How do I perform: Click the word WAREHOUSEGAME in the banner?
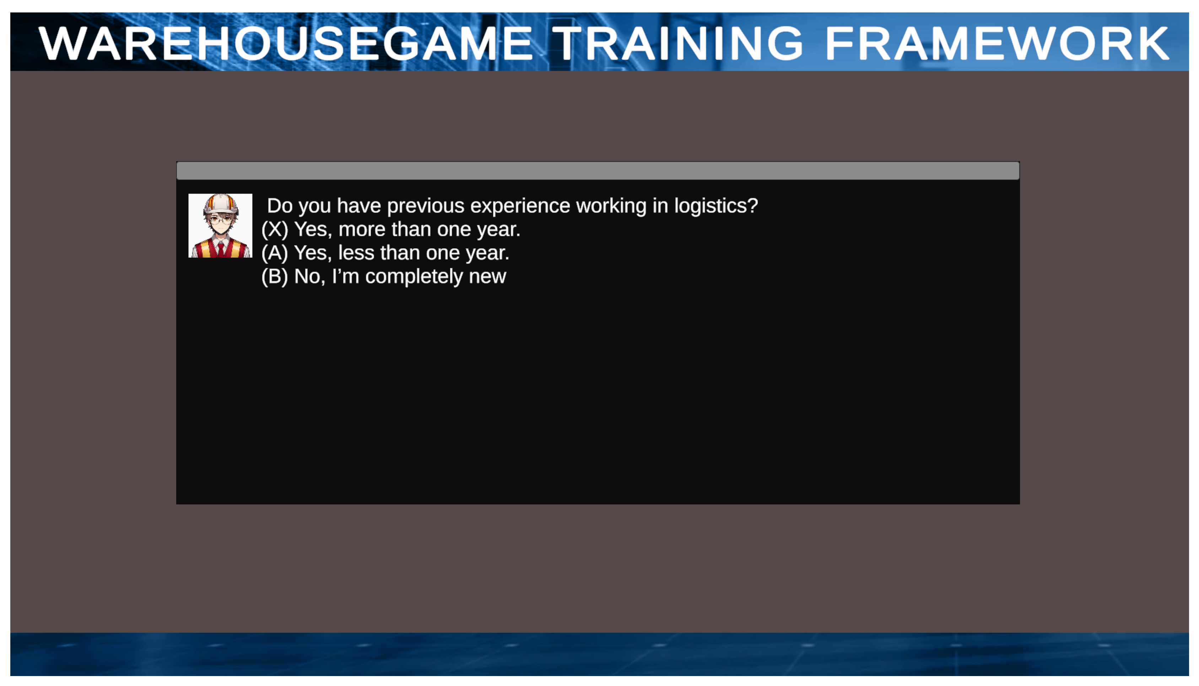(286, 43)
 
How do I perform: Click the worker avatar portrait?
(220, 226)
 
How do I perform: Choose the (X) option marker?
(275, 229)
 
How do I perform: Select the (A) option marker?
(275, 253)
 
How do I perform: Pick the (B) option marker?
(275, 277)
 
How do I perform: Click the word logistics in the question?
(715, 206)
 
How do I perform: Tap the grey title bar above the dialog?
(598, 171)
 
